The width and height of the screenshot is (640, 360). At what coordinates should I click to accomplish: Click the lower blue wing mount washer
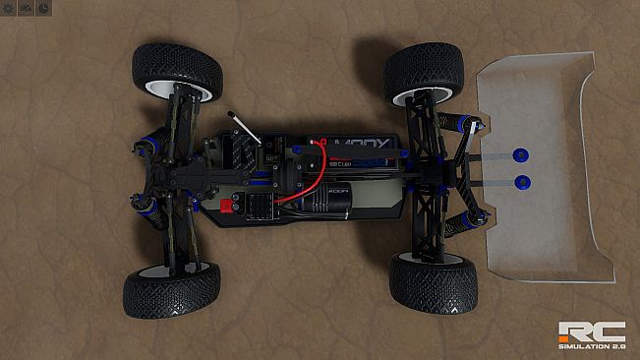point(522,183)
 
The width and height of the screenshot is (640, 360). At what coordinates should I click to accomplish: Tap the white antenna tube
point(247,128)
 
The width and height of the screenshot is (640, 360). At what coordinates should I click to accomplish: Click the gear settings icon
point(8,8)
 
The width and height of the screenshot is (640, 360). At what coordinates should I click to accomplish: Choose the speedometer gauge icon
point(26,8)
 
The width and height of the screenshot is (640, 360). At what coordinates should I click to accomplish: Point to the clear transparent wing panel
point(551,167)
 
